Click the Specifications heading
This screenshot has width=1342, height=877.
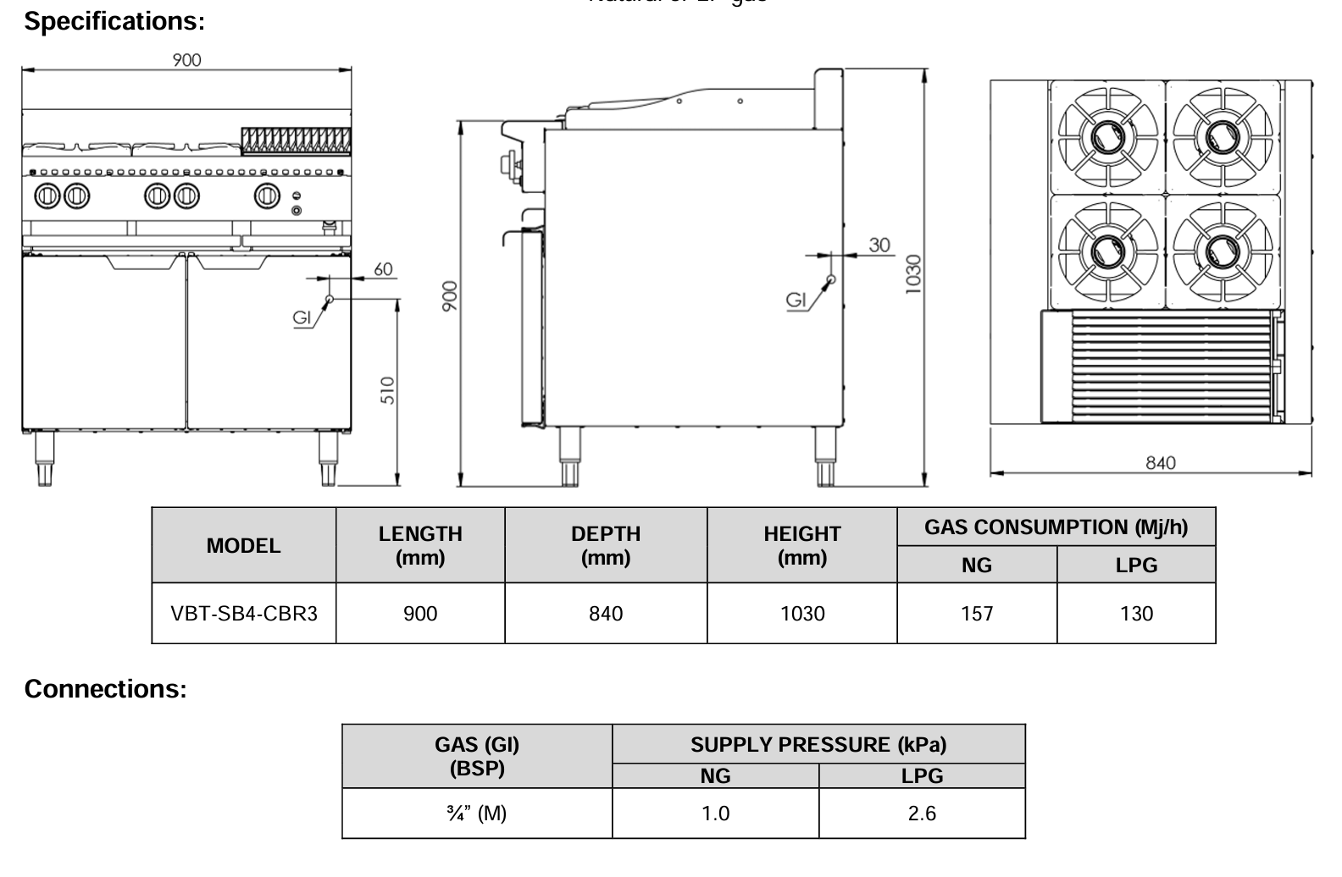click(114, 21)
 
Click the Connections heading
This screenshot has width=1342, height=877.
click(105, 689)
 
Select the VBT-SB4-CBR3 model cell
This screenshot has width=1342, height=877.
click(244, 613)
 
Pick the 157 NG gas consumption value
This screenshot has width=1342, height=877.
click(977, 613)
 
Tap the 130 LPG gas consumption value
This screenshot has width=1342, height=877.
click(1136, 613)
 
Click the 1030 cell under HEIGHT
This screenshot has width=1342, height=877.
click(801, 613)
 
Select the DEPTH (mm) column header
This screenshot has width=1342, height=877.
click(606, 545)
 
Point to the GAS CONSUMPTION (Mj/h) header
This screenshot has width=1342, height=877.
click(1056, 527)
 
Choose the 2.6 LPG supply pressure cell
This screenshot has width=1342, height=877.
click(922, 814)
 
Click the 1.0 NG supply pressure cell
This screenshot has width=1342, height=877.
click(715, 814)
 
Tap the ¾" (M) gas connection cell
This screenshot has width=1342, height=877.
click(477, 814)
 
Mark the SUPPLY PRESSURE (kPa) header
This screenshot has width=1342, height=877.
click(818, 745)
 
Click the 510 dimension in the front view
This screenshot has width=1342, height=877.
click(387, 390)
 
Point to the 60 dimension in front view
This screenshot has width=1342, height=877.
click(383, 269)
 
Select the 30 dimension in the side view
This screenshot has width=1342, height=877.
click(879, 245)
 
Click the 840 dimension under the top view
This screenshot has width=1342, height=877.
click(1161, 462)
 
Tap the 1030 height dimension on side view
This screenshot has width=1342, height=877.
click(912, 273)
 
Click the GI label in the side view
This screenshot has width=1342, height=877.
click(796, 300)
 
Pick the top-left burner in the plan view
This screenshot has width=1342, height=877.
click(1106, 136)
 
